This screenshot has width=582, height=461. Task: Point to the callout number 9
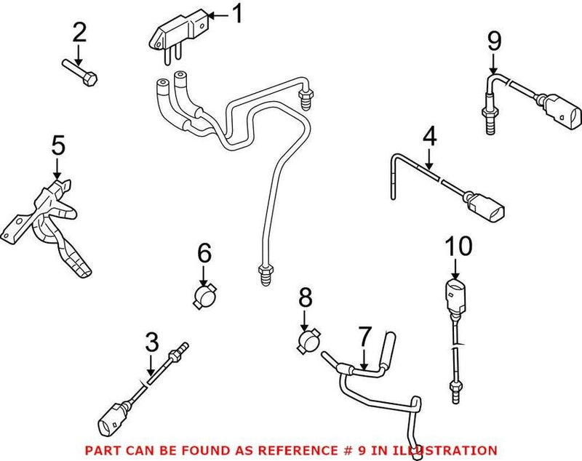[x=494, y=41]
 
